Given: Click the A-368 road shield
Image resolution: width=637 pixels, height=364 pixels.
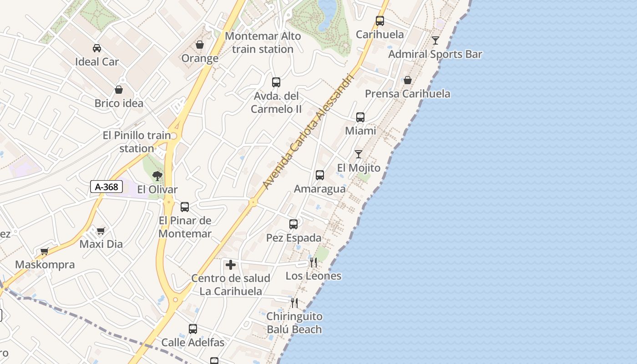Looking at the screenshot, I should tap(106, 187).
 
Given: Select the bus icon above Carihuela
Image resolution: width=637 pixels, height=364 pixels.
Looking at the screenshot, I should tap(380, 21).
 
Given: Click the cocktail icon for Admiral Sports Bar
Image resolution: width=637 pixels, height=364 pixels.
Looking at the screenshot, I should tap(435, 40).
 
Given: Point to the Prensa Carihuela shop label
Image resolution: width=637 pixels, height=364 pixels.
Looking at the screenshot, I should tap(408, 94).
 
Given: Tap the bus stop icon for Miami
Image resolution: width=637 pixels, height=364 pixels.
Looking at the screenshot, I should tap(360, 117).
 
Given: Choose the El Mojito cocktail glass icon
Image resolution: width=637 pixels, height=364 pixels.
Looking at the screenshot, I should tap(359, 154).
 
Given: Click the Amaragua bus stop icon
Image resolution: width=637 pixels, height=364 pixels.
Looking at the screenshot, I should tap(320, 175).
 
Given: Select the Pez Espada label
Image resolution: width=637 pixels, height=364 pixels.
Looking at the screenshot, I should tap(293, 238).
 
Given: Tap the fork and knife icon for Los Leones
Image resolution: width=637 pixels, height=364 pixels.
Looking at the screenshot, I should tap(313, 262).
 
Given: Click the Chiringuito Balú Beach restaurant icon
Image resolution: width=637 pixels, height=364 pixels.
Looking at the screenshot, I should tap(294, 303).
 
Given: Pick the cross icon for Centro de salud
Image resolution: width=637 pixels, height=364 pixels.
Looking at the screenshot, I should tap(231, 265).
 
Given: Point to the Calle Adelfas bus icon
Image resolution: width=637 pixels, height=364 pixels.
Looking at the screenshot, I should tap(193, 329).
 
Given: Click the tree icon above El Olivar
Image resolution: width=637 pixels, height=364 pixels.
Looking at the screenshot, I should tap(157, 176).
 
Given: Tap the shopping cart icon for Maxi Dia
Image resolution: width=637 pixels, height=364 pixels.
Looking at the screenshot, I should tap(101, 231).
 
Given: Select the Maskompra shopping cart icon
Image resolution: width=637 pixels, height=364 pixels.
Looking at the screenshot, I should tap(45, 251).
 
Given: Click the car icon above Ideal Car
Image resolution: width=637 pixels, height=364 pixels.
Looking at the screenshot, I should tap(97, 48).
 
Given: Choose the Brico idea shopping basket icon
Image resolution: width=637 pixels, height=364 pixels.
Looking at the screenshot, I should tap(119, 90).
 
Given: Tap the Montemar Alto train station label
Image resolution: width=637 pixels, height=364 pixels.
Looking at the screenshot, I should tap(263, 42).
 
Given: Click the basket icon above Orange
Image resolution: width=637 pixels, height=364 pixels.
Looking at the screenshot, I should tap(200, 45).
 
